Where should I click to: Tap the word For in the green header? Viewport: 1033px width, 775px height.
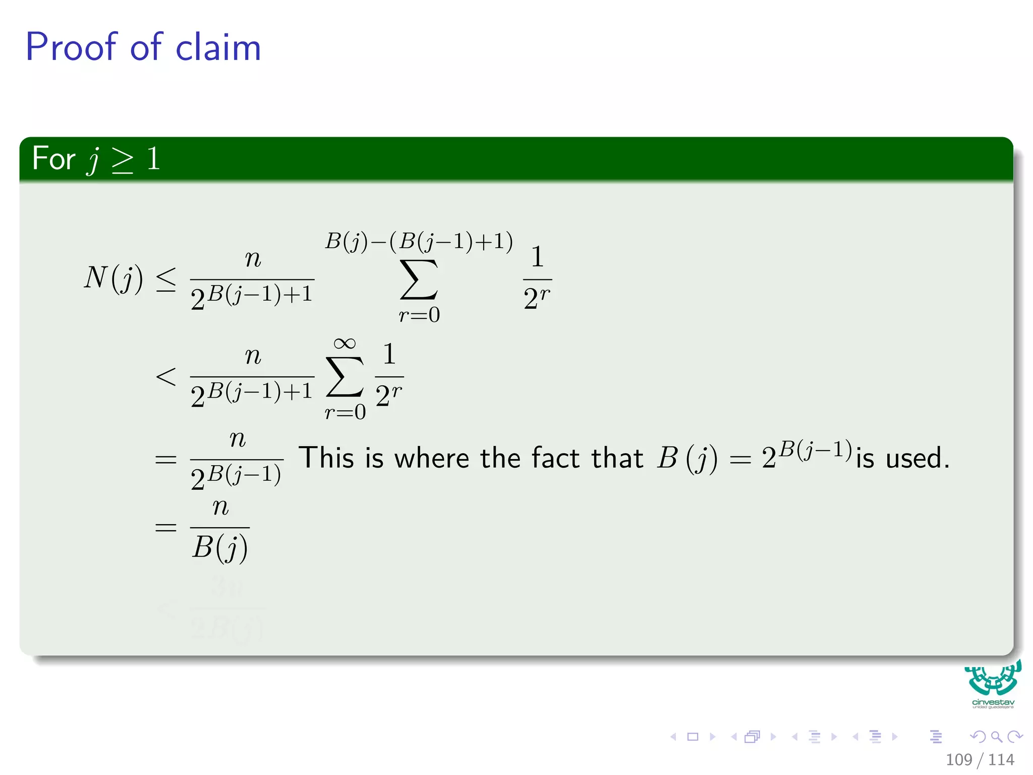point(53,158)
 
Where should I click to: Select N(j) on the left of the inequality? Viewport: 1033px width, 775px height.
point(113,278)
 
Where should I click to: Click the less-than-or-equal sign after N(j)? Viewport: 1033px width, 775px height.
point(166,279)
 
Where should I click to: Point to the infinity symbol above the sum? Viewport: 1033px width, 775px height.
point(345,344)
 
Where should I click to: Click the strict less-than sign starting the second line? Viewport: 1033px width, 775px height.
point(166,376)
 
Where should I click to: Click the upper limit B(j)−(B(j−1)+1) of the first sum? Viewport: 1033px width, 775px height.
point(419,241)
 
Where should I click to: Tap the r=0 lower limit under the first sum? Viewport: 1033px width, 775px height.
point(419,315)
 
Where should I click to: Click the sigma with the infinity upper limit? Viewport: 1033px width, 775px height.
point(345,376)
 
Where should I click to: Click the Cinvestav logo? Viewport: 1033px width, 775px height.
point(993,684)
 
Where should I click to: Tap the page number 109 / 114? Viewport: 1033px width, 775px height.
point(980,759)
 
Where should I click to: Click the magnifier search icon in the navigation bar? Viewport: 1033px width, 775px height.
point(996,737)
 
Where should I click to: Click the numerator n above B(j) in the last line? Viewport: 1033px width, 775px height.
point(220,507)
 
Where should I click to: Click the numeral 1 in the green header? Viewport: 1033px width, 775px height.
point(153,158)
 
